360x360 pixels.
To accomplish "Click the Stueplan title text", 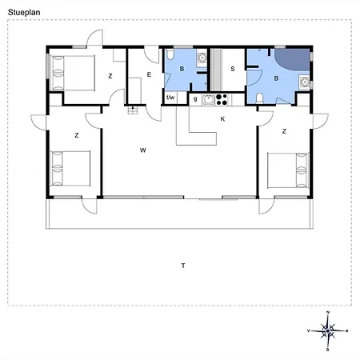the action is tap(24, 13).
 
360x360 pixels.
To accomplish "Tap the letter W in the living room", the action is tap(143, 150).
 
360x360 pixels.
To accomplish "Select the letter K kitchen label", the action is tap(222, 119).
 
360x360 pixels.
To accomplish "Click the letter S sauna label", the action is tap(233, 69).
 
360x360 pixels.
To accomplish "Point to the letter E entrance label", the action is tap(149, 74).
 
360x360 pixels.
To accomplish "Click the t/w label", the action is tap(170, 98).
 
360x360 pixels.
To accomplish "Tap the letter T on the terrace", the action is tap(183, 266).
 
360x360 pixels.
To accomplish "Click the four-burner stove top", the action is tap(222, 100).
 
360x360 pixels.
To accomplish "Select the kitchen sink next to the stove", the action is tap(209, 100).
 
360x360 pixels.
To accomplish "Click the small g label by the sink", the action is tap(195, 99).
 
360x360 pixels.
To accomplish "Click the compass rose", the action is tap(328, 331).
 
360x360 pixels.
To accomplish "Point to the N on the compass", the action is tap(328, 312).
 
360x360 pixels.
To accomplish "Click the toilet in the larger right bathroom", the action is tap(259, 98).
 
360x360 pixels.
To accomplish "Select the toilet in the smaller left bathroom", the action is tap(170, 54).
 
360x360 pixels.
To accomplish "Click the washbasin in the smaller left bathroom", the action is tap(202, 58).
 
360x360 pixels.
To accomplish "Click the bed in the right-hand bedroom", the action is tap(288, 170).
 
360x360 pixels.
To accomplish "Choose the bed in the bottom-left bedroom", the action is tap(70, 169).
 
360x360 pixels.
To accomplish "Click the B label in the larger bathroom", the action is tap(276, 78).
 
